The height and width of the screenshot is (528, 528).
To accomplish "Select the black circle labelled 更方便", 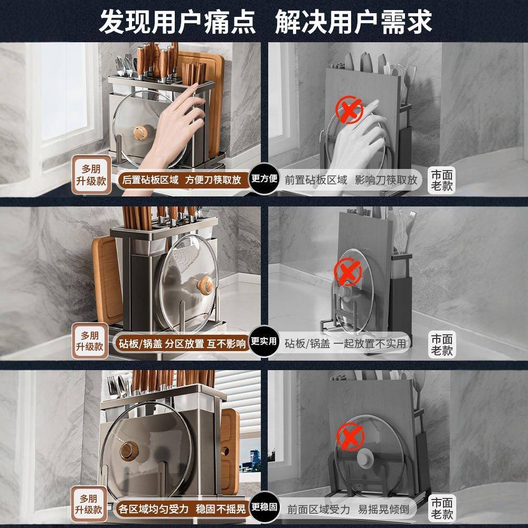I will pos(264,178).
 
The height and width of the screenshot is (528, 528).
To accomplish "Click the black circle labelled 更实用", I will pos(264,342).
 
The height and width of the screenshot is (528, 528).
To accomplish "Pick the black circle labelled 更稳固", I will pos(264,507).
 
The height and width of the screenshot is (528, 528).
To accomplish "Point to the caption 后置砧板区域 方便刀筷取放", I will pos(182,180).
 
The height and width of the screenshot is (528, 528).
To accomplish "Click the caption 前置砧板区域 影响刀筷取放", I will pos(351,180).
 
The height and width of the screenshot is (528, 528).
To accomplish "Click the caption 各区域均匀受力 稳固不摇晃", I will pos(182,510).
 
